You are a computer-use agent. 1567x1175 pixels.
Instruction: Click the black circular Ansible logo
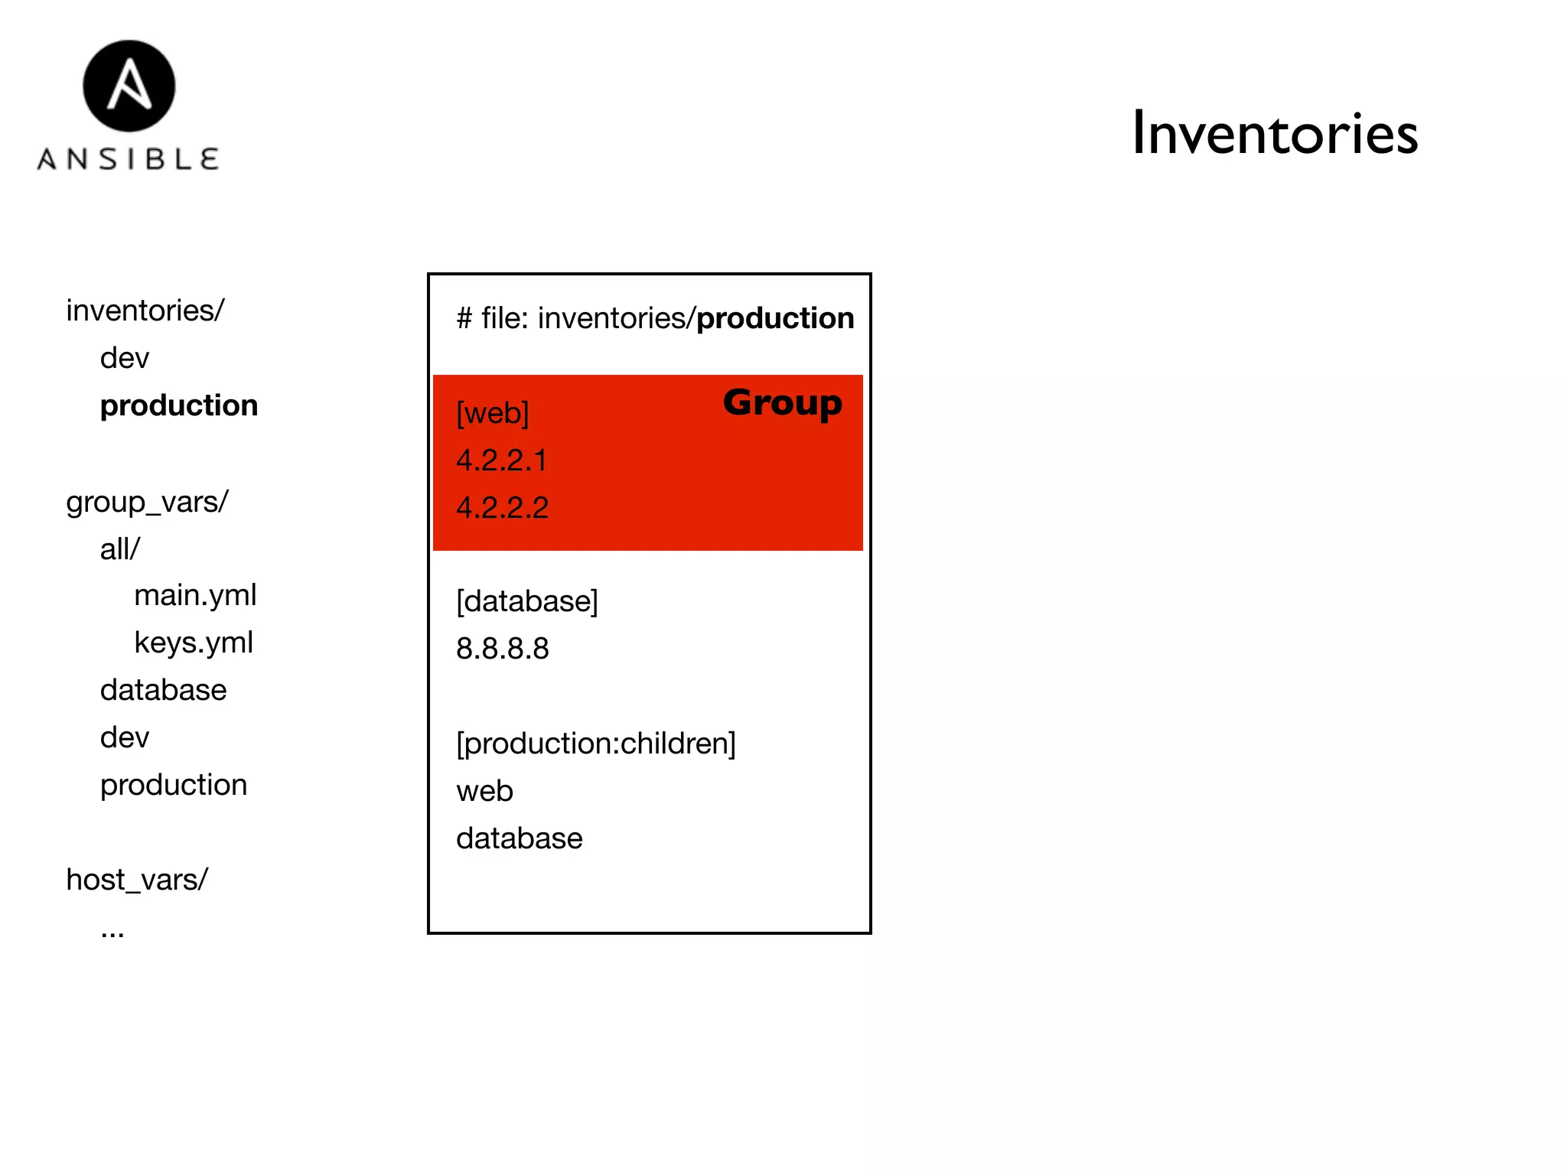pos(129,86)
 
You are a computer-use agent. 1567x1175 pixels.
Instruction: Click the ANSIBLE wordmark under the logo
pos(129,159)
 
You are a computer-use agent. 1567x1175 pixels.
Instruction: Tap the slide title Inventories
pos(1274,134)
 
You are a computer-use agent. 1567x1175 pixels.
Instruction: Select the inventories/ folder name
pos(145,311)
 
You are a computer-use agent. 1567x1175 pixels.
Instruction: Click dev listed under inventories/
pos(125,358)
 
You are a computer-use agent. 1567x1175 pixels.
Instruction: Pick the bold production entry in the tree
pos(179,405)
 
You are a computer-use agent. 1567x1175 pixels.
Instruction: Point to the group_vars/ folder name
pos(147,502)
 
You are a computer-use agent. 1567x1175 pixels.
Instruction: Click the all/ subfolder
pos(120,549)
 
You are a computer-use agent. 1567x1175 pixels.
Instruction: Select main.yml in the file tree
pos(195,595)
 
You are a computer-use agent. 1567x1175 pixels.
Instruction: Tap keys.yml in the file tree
pos(194,643)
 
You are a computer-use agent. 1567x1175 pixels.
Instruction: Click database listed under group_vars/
pos(163,690)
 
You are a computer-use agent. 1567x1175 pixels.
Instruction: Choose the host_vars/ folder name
pos(137,880)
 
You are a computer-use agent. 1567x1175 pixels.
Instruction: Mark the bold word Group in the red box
pos(782,402)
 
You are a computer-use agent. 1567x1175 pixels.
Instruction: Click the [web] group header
pos(493,413)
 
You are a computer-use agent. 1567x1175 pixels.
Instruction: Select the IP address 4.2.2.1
pos(502,461)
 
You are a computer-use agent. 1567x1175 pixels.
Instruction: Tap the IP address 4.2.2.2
pos(503,508)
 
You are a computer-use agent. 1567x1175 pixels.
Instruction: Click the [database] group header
pos(527,601)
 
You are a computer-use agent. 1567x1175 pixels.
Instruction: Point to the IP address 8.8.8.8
pos(503,649)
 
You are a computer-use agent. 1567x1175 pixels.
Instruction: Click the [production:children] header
pos(596,744)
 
